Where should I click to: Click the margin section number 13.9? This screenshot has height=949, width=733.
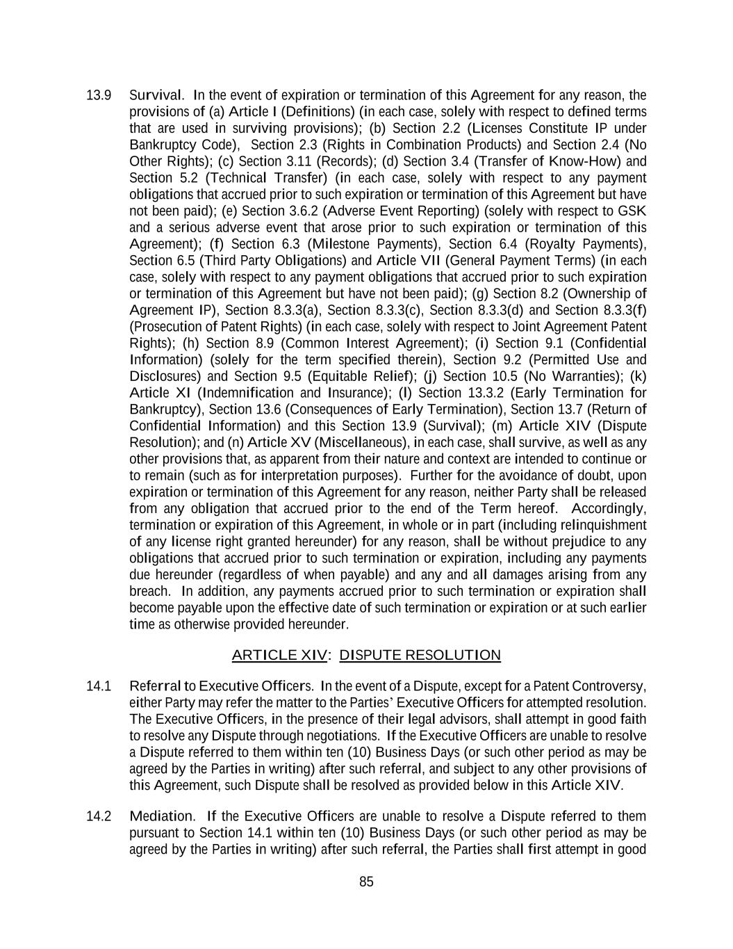tap(98, 95)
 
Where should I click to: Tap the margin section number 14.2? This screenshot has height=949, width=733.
tap(98, 816)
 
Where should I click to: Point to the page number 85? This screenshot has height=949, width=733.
tap(366, 882)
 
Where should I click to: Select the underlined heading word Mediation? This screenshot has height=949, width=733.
tap(162, 816)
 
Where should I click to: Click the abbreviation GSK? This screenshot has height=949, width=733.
tap(632, 211)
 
